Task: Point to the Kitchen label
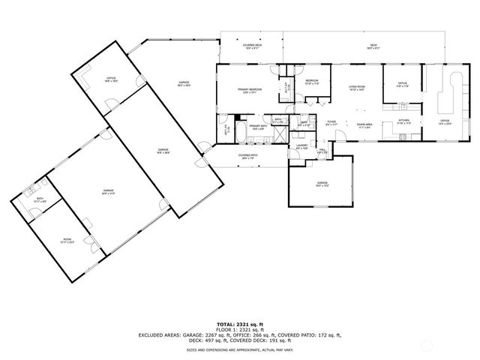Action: pos(403,121)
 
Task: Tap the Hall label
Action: pos(322,151)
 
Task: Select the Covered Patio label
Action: pos(249,156)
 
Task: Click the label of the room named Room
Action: pos(67,240)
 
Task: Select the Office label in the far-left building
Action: pos(109,78)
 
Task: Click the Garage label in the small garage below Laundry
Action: pos(322,183)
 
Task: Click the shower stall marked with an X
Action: pos(278,135)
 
